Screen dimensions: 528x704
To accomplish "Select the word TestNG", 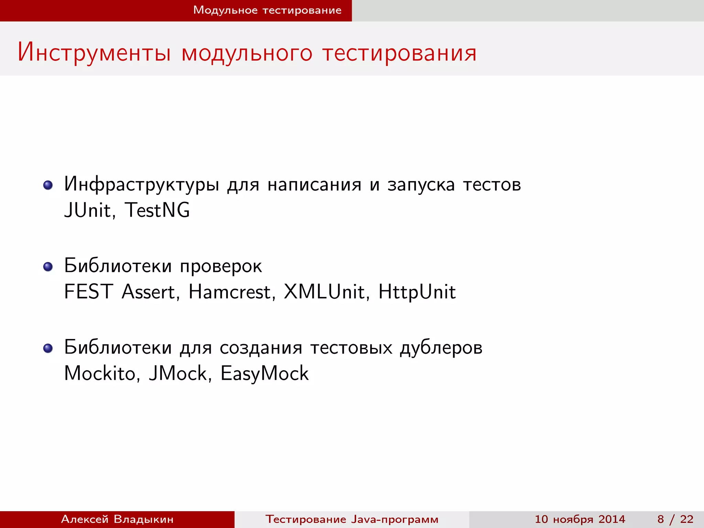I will pyautogui.click(x=157, y=210).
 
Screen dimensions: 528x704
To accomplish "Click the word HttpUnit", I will pyautogui.click(x=417, y=292).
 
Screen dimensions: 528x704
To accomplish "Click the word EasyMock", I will pyautogui.click(x=264, y=374).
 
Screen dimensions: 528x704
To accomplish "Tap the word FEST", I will pyautogui.click(x=88, y=292).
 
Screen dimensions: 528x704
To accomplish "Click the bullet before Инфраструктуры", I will pyautogui.click(x=48, y=185).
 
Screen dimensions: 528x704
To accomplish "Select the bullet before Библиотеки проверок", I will pyautogui.click(x=48, y=267).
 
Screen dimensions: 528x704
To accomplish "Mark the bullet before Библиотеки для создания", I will pyautogui.click(x=48, y=348).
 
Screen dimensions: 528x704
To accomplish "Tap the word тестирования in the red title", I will pyautogui.click(x=399, y=53).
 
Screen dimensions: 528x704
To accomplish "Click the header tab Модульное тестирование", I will pyautogui.click(x=267, y=10).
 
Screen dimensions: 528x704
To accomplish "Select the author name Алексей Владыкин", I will pyautogui.click(x=117, y=519).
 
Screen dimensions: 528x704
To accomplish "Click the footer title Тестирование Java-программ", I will pyautogui.click(x=352, y=519).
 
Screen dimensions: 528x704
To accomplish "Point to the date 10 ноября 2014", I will pyautogui.click(x=580, y=519).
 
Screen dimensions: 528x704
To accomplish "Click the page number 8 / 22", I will pyautogui.click(x=675, y=519).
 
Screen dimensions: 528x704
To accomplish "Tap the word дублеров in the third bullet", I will pyautogui.click(x=441, y=348).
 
